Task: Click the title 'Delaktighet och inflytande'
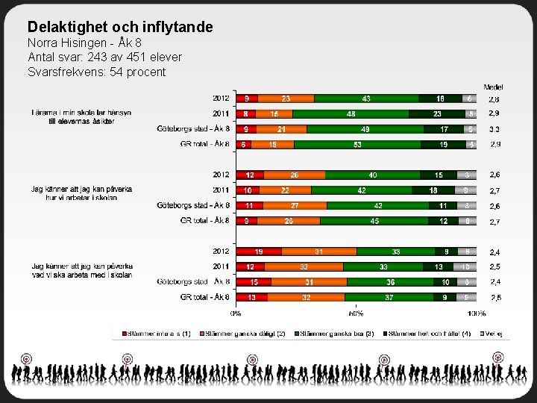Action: (120, 28)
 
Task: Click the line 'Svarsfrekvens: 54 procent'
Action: (97, 72)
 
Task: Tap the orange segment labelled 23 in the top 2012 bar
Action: (286, 99)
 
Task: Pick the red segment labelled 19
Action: (259, 252)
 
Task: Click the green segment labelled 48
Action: (351, 114)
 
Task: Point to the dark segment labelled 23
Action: (437, 114)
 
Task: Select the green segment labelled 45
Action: (374, 221)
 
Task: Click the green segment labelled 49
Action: (365, 129)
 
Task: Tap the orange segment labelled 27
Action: (295, 205)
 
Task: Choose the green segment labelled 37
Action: (389, 297)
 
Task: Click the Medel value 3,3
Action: (494, 129)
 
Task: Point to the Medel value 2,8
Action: (494, 99)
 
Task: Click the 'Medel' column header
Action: (493, 87)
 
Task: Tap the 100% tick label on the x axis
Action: (477, 313)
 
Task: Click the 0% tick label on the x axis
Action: (236, 313)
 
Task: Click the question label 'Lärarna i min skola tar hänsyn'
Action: (81, 113)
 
